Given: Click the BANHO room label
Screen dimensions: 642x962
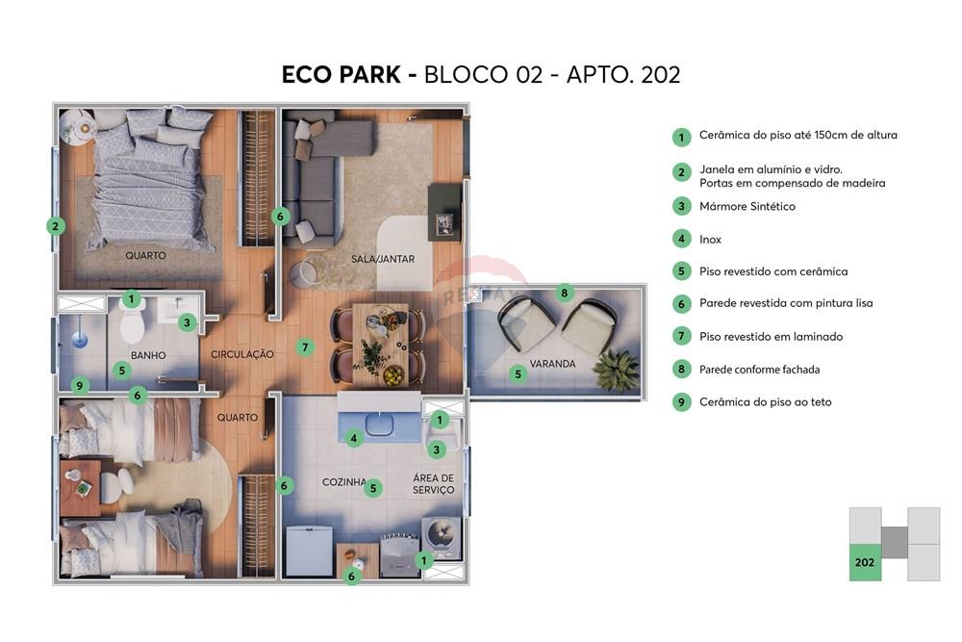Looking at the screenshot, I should point(148,355).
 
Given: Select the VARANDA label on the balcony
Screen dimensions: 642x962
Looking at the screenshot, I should point(552,364).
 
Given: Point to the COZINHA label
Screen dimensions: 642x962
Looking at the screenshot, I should point(343,482).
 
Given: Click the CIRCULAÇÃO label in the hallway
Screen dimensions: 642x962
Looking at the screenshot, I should point(242,354).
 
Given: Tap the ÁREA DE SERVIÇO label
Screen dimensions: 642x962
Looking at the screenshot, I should point(433,484).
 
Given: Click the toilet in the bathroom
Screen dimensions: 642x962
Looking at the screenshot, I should point(133,325).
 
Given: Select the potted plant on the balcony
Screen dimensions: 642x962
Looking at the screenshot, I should point(616,369).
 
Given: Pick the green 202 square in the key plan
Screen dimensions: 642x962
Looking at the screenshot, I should point(865,562).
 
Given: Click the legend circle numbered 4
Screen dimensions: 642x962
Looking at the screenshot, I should point(681,239).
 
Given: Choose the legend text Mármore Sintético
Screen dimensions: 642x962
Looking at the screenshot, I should point(747,206).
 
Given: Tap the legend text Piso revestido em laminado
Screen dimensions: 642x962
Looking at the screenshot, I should point(771,337).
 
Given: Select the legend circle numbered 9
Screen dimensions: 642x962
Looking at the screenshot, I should point(681,402).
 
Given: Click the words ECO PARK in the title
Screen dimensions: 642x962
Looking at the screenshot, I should point(342,75).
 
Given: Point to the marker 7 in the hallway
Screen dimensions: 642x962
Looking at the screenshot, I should point(305,347).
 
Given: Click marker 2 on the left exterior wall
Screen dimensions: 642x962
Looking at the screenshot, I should point(56,227).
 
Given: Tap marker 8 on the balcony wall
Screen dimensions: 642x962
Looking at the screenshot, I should point(566,293).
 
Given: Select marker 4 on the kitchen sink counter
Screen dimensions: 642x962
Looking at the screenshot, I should point(354,438).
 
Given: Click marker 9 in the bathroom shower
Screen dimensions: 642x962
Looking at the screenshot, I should point(81,385).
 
